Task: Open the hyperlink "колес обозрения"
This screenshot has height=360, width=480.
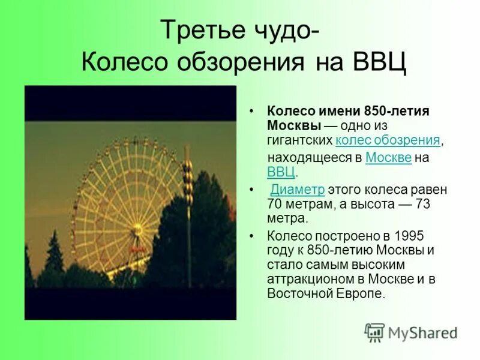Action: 388,140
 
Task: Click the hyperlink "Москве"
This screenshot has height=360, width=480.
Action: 388,158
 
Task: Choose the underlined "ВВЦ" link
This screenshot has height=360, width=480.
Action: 281,172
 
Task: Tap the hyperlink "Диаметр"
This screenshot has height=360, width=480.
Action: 298,190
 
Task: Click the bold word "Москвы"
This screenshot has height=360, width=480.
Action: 293,126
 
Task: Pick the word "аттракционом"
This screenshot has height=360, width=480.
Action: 308,279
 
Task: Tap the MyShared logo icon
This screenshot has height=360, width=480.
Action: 375,332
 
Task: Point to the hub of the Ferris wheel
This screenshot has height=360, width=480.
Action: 137,230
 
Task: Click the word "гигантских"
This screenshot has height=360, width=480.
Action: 300,140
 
